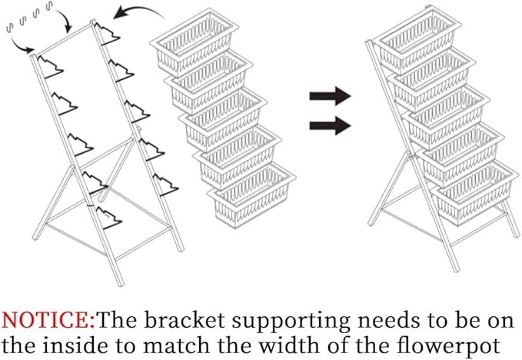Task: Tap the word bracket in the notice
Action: coord(185,320)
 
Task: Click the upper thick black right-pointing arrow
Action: coord(330,96)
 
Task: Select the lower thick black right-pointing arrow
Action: coord(330,125)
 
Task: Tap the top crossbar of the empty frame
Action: coord(63,38)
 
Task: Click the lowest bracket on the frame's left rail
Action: coord(108,218)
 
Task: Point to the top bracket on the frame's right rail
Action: coord(107,33)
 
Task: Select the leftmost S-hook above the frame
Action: coord(9,28)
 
